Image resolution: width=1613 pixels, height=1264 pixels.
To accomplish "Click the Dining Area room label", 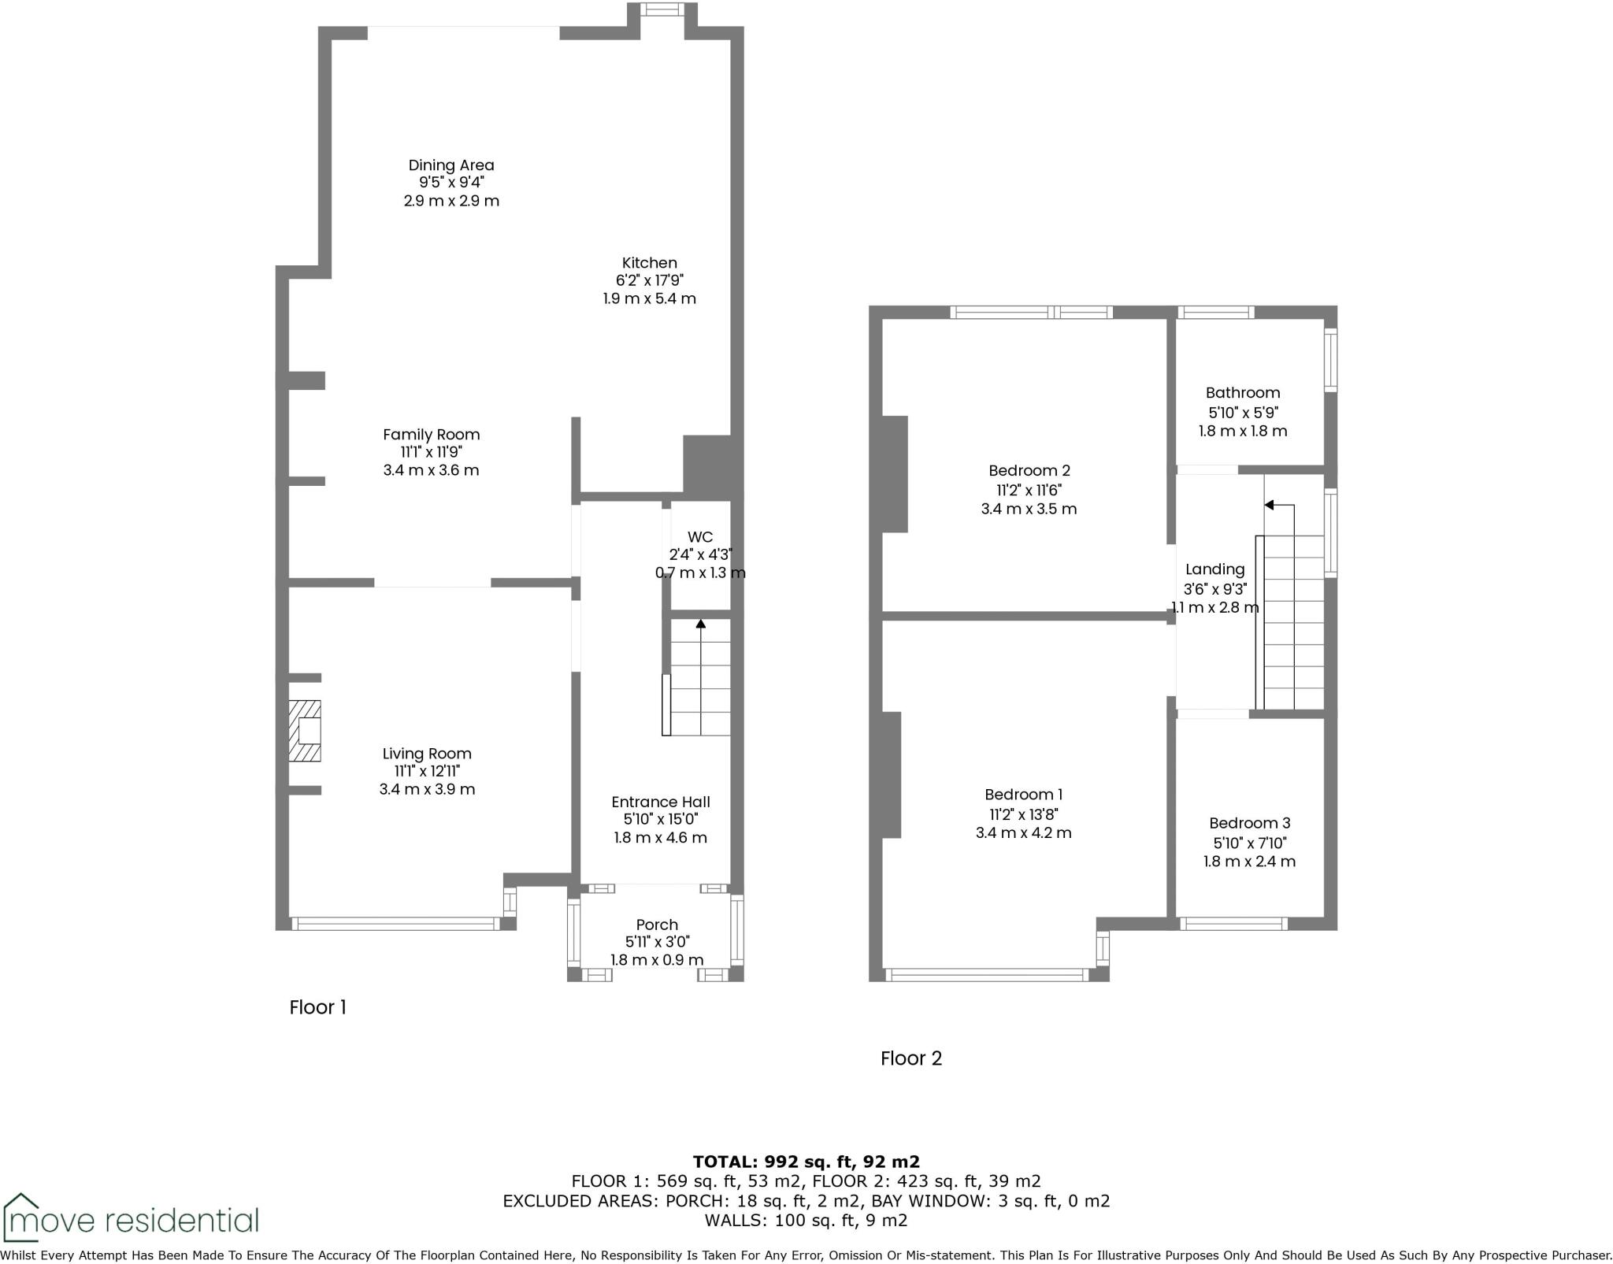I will pyautogui.click(x=451, y=165).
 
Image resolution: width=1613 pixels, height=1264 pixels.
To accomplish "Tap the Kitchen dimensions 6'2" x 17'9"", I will pyautogui.click(x=649, y=280).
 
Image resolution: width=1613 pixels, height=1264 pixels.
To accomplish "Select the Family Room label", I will pyautogui.click(x=431, y=435).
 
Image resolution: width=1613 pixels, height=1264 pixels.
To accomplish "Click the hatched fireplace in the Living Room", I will pyautogui.click(x=305, y=731).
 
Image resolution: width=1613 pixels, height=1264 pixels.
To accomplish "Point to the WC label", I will pyautogui.click(x=699, y=537).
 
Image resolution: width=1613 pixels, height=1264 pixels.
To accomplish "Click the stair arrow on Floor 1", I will pyautogui.click(x=700, y=625).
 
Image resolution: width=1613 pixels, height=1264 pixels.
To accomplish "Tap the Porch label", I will pyautogui.click(x=656, y=925).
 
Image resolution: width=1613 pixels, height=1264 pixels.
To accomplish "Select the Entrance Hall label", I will pyautogui.click(x=660, y=802).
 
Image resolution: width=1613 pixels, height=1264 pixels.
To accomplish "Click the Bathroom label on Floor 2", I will pyautogui.click(x=1242, y=393).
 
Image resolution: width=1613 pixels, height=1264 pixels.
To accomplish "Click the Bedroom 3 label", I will pyautogui.click(x=1249, y=823).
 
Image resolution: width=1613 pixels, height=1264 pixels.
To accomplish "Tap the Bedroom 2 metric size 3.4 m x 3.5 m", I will pyautogui.click(x=1029, y=509).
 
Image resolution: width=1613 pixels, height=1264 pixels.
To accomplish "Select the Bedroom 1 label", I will pyautogui.click(x=1023, y=795).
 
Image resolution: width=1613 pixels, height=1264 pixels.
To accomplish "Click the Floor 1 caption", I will pyautogui.click(x=317, y=1007).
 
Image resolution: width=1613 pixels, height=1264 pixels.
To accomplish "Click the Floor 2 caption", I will pyautogui.click(x=910, y=1058).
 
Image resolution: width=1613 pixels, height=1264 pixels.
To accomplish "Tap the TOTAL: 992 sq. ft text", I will pyautogui.click(x=806, y=1162).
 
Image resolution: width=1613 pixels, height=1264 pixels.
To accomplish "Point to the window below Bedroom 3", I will pyautogui.click(x=1233, y=924).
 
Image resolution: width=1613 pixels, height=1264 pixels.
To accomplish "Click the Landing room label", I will pyautogui.click(x=1214, y=569).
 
